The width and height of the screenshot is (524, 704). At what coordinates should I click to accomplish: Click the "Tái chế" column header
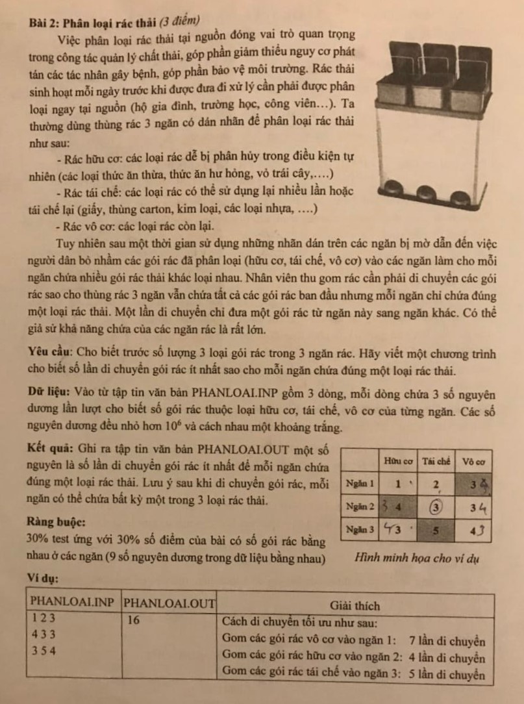(436, 460)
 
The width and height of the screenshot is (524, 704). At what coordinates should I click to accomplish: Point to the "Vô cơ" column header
(475, 460)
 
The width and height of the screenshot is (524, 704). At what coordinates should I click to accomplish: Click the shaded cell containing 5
(436, 530)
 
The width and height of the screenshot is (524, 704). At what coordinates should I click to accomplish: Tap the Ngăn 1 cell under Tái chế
(436, 484)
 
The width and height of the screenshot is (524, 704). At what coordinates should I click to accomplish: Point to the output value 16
(134, 620)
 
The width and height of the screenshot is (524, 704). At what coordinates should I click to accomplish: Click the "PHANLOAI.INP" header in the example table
(73, 601)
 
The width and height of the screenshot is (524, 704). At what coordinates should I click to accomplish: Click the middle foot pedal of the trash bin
(425, 193)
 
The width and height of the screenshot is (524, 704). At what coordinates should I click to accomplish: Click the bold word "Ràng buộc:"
(55, 522)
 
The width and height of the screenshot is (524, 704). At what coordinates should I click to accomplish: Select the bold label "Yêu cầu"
(50, 351)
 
